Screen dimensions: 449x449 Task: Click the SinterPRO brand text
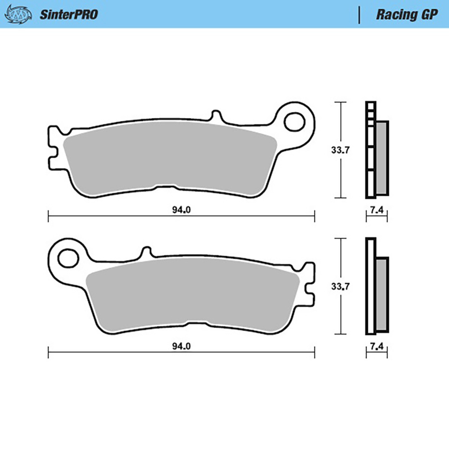(x=69, y=14)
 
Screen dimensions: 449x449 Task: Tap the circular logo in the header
(x=18, y=14)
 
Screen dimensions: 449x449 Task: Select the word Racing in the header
(x=396, y=14)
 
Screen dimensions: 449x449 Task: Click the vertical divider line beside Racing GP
(x=360, y=14)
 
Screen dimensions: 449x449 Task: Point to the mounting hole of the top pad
(x=294, y=122)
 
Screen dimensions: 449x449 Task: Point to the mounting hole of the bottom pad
(x=68, y=258)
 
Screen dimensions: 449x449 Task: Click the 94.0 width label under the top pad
(x=181, y=210)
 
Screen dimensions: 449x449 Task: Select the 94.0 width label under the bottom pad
(x=181, y=346)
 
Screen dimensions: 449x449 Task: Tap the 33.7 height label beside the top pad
(x=340, y=150)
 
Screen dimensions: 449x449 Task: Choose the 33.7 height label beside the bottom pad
(x=340, y=287)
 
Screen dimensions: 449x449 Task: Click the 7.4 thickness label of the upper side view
(x=377, y=210)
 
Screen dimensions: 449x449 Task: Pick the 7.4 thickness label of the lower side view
(x=377, y=346)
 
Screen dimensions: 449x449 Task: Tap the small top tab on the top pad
(x=216, y=116)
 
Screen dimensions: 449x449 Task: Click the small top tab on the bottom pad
(x=146, y=252)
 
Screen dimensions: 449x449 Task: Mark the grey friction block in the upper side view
(x=381, y=158)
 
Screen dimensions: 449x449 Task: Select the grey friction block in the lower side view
(x=381, y=294)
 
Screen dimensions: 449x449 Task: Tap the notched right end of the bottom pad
(x=310, y=285)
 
